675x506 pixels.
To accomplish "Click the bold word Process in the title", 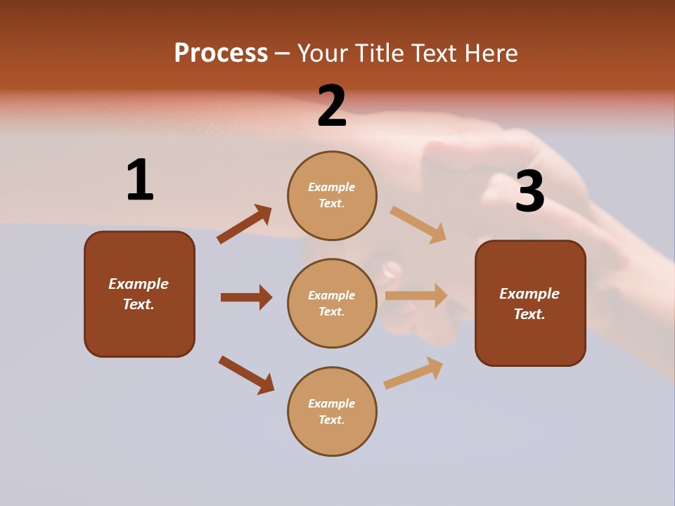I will tap(221, 53).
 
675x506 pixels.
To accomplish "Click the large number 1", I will tap(140, 181).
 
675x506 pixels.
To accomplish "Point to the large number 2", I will tap(332, 106).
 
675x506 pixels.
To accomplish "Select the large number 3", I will tap(529, 192).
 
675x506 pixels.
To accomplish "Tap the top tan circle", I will tap(332, 195).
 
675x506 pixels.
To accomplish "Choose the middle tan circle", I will tap(332, 303).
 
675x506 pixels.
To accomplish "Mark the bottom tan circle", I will tap(332, 411).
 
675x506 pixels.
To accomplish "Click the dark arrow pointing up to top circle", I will tap(245, 224).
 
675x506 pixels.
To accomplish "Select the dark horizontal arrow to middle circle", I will tap(246, 297).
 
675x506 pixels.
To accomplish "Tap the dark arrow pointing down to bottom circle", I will tap(246, 375).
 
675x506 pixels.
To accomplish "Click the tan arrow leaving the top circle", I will tap(418, 225).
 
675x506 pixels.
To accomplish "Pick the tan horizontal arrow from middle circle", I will tap(416, 296).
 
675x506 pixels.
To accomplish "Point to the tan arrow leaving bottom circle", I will tap(413, 372).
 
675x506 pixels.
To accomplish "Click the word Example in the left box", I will tap(139, 284).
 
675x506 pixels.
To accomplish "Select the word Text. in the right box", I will tap(529, 314).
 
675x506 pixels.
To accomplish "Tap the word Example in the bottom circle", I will tap(332, 403).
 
